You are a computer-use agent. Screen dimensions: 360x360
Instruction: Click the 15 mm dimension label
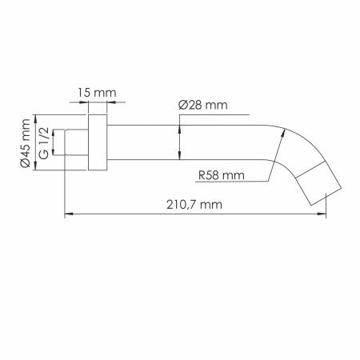click(97, 93)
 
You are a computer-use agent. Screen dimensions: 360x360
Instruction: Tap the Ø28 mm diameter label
click(203, 105)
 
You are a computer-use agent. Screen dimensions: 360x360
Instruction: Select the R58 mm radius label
click(222, 175)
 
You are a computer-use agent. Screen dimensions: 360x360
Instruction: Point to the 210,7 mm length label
click(194, 205)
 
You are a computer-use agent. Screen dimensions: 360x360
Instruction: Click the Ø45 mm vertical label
click(26, 142)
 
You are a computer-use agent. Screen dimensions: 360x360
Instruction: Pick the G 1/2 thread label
click(44, 142)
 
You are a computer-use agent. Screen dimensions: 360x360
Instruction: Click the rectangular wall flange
click(98, 142)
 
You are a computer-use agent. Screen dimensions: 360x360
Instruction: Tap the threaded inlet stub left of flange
click(77, 142)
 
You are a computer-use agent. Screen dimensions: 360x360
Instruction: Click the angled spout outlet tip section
click(319, 183)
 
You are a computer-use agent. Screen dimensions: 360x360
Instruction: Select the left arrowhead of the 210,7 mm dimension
click(69, 214)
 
